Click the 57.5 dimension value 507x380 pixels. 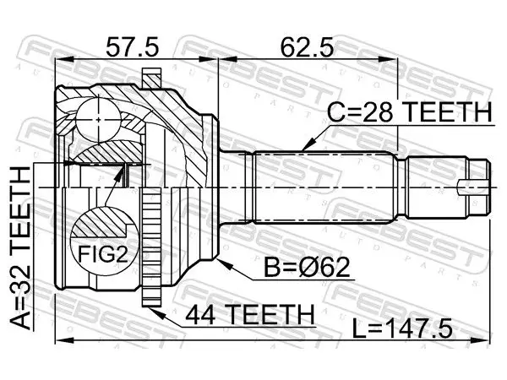click(x=133, y=46)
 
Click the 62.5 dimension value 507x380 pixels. click(x=306, y=46)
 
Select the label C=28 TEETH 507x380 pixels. click(x=409, y=111)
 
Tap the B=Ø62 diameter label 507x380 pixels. click(x=307, y=267)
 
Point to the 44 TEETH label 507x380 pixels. click(x=249, y=314)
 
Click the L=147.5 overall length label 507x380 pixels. click(x=402, y=328)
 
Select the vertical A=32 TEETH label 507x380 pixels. click(x=20, y=247)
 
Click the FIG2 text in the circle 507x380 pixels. click(x=103, y=254)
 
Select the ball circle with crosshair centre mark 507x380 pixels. click(x=99, y=120)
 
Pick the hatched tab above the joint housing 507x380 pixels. click(x=151, y=78)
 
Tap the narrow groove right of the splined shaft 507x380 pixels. click(x=402, y=187)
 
